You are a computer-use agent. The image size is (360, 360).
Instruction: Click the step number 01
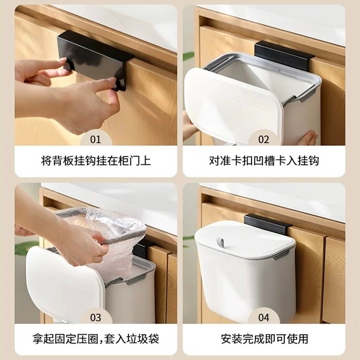[x=96, y=140]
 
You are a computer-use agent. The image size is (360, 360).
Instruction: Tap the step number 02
[x=263, y=140]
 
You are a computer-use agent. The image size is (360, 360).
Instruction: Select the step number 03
[x=96, y=318]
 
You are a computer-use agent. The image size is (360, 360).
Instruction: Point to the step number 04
[x=263, y=318]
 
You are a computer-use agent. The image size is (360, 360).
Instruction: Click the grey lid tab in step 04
[x=220, y=243]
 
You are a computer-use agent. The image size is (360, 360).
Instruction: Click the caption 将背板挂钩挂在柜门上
[x=96, y=161]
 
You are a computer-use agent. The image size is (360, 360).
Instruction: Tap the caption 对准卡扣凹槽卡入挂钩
[x=264, y=161]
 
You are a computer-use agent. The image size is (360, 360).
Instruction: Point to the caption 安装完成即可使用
[x=264, y=339]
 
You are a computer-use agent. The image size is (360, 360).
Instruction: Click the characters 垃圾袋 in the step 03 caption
[x=143, y=339]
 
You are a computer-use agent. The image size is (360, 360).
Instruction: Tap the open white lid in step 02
[x=233, y=106]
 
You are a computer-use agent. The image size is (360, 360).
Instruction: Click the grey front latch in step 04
[x=281, y=255]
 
